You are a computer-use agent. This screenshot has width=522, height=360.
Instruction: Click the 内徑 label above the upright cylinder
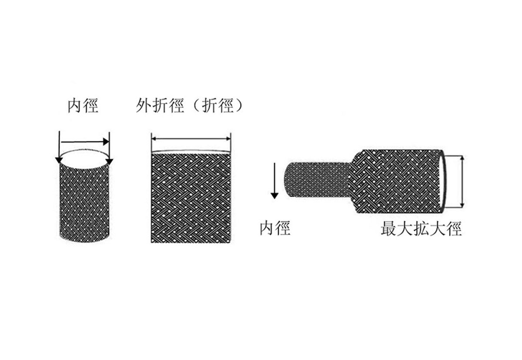click(83, 106)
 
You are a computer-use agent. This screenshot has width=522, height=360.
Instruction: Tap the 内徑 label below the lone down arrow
click(275, 228)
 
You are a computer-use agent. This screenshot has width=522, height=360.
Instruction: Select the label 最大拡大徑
click(421, 229)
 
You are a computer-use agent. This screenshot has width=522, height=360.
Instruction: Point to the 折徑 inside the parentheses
click(218, 106)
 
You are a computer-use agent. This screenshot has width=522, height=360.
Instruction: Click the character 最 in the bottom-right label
click(389, 229)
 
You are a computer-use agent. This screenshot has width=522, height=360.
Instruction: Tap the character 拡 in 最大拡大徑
click(421, 229)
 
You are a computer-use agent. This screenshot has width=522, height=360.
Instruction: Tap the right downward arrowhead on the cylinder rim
click(109, 161)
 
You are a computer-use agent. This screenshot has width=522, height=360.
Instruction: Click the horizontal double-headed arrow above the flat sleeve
click(191, 139)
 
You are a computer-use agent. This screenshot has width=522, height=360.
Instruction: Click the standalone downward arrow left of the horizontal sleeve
click(274, 181)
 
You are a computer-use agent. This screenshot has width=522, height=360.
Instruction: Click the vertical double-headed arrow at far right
click(463, 182)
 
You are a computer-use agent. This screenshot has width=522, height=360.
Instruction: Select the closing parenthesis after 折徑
click(239, 106)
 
